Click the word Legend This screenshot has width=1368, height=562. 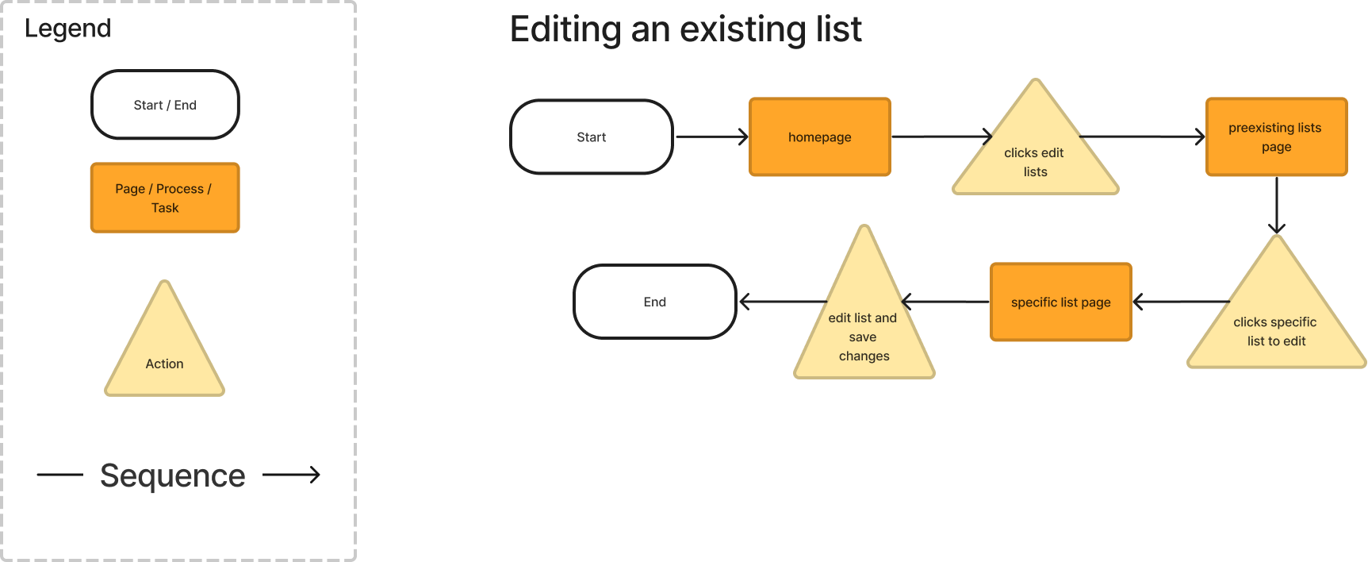(x=67, y=29)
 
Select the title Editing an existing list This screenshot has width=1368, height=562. (x=685, y=30)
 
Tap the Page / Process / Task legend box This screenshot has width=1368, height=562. (x=165, y=198)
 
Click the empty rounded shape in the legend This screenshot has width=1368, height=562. (x=165, y=105)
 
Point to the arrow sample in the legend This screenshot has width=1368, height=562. (x=291, y=475)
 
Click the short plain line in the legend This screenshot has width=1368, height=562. (x=59, y=475)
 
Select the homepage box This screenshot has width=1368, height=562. (x=820, y=137)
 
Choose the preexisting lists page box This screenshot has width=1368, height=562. (x=1276, y=137)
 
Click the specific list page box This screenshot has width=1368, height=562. (x=1060, y=302)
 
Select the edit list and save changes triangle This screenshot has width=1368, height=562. (x=864, y=325)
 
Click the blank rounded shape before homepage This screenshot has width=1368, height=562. (x=592, y=137)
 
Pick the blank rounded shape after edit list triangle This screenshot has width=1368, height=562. (x=655, y=302)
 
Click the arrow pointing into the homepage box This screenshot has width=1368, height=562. (x=711, y=137)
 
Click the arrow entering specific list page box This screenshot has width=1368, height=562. (x=1181, y=302)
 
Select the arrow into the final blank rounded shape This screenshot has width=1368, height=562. (x=781, y=302)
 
